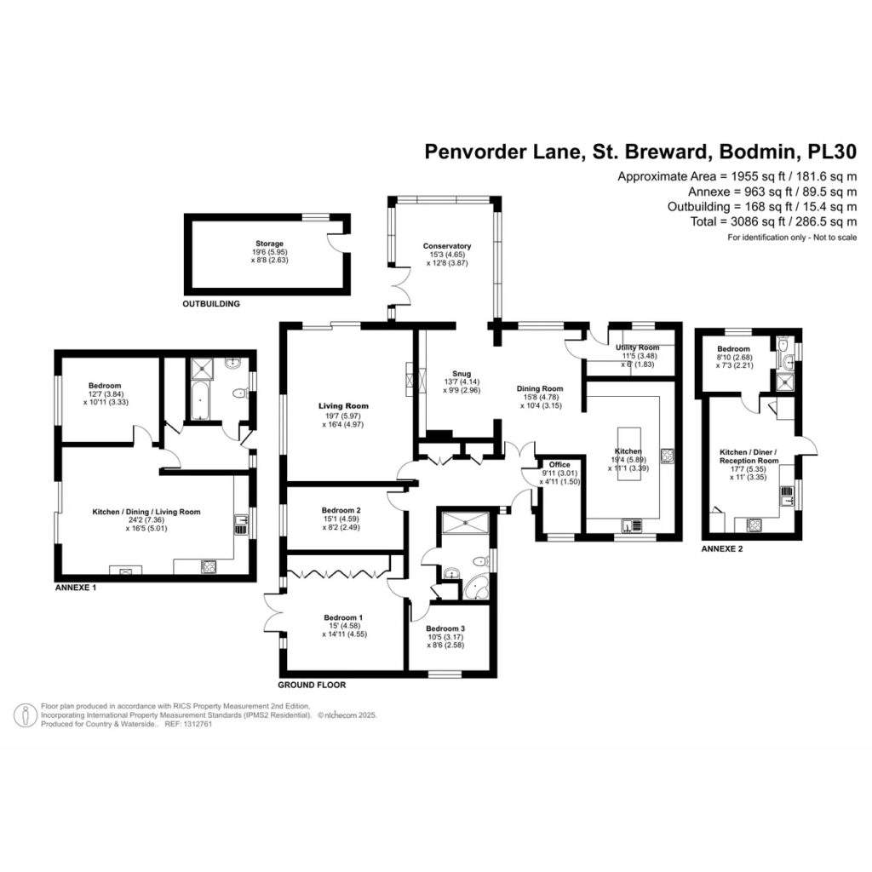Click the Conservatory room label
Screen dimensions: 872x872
coord(446,246)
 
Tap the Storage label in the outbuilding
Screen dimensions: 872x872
coord(269,244)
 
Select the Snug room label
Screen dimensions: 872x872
coord(462,374)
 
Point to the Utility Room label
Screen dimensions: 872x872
coord(637,347)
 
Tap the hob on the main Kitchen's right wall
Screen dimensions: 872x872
coord(668,456)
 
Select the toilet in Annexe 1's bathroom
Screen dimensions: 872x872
coord(239,393)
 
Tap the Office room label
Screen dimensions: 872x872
coord(559,464)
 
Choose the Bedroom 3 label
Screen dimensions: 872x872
coord(445,628)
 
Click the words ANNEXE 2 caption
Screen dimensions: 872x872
coord(722,549)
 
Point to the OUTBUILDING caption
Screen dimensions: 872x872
coord(211,304)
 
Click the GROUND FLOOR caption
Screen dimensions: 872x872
coord(312,686)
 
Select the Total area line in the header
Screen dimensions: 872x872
coord(773,222)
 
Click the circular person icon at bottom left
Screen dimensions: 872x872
coord(26,715)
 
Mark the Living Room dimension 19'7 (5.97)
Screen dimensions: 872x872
coord(343,416)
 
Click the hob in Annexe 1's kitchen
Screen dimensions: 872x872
coord(209,566)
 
